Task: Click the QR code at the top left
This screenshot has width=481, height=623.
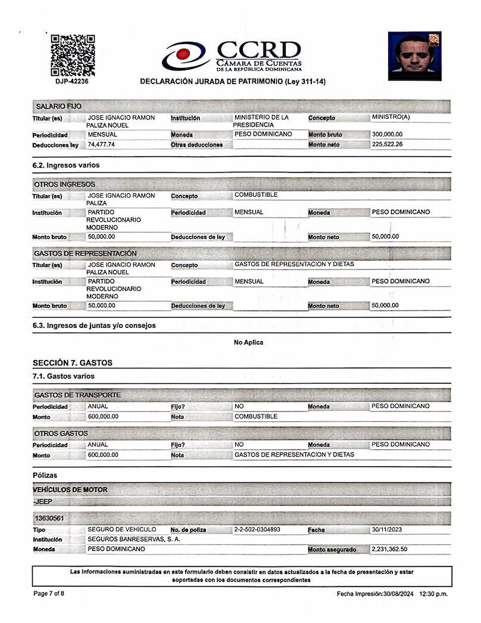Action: coord(73,55)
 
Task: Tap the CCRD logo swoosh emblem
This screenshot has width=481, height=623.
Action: coord(185,56)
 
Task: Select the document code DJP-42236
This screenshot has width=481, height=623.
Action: coord(73,81)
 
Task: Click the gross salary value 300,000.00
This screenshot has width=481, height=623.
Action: coord(387,134)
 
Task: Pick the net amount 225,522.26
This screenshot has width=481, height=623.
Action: coord(387,144)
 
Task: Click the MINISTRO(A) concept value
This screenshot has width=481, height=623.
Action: coord(391,117)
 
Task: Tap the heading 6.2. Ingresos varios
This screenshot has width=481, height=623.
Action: coord(66,165)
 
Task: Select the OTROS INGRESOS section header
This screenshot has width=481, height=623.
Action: coord(65,184)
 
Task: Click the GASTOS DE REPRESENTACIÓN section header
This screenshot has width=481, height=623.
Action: coord(86,253)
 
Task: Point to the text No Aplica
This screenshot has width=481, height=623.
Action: coord(249,342)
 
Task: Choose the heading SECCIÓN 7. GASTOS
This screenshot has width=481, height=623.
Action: coord(72,362)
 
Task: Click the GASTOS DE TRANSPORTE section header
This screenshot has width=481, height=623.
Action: coord(77,395)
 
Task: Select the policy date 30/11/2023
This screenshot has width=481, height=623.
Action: coord(388,529)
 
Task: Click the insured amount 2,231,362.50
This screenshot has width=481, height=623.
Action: coord(393,548)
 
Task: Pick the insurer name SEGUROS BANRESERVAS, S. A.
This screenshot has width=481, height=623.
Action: coord(134,539)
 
